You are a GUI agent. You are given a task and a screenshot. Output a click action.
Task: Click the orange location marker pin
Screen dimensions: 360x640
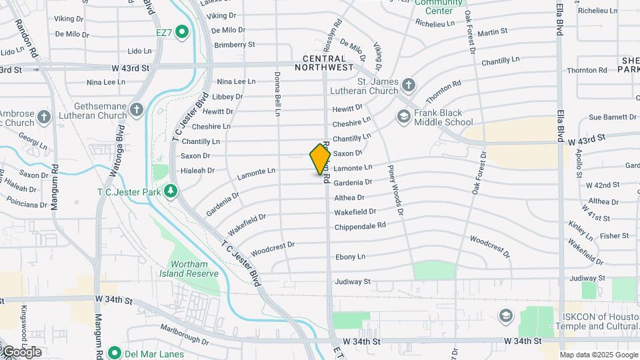pos(321,160)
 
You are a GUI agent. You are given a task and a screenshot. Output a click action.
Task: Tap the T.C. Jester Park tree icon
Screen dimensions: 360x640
pos(171,191)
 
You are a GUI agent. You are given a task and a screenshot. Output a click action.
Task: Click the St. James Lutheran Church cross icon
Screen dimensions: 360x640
pos(408,85)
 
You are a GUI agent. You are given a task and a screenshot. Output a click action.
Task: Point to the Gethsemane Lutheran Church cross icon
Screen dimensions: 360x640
pos(136,109)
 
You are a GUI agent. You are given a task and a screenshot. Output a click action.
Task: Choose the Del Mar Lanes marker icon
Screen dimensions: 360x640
pos(114,353)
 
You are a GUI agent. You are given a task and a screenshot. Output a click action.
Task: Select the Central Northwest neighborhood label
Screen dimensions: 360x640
pos(323,63)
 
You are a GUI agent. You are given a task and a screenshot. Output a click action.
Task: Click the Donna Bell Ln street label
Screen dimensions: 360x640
pos(277,95)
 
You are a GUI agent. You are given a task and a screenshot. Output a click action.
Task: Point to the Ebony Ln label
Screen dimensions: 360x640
pos(350,257)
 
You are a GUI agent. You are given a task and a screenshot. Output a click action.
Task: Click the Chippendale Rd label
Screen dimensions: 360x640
pos(360,225)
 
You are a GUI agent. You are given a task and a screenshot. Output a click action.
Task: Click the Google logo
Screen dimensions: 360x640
pos(21,351)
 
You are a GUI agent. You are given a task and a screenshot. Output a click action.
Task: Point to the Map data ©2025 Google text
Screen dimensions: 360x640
pos(598,355)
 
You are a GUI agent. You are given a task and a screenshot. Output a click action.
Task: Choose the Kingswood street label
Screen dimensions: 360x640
pos(23,322)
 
